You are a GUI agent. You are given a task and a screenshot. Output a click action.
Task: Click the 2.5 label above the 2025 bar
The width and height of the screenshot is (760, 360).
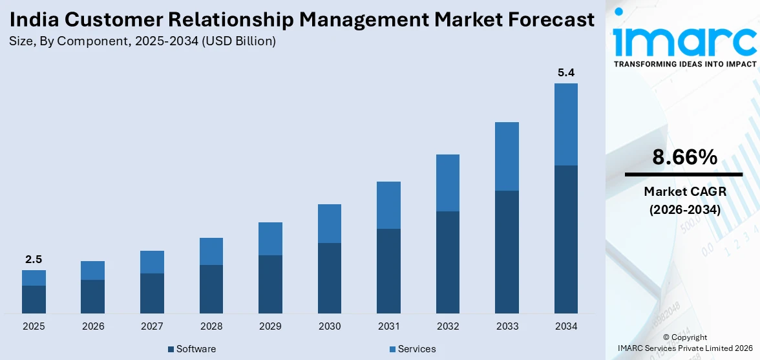(x=34, y=259)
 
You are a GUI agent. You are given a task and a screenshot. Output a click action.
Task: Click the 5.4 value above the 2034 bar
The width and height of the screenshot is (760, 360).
(x=566, y=72)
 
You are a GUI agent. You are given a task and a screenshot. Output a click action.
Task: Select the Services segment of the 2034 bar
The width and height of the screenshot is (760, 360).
(x=566, y=124)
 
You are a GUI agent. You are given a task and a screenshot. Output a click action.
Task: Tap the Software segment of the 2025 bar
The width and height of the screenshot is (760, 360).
(x=34, y=299)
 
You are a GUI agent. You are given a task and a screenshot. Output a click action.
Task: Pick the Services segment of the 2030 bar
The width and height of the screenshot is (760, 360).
(x=330, y=224)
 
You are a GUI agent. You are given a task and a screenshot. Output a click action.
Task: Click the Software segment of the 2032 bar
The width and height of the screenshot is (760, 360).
(x=448, y=262)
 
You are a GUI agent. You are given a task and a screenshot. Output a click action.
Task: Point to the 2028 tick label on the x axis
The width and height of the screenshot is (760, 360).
(x=211, y=326)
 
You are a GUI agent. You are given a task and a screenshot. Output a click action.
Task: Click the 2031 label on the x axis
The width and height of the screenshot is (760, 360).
(x=388, y=326)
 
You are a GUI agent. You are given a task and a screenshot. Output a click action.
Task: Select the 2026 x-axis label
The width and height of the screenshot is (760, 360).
(x=93, y=326)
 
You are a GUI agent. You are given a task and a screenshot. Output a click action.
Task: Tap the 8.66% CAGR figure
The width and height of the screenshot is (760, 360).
(x=684, y=157)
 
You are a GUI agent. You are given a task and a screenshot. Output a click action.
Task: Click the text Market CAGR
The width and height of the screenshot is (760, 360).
(x=684, y=191)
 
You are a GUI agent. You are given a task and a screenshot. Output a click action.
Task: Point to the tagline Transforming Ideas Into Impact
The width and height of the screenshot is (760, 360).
(x=684, y=64)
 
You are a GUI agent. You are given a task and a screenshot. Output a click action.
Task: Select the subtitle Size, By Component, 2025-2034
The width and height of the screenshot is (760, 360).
(x=142, y=41)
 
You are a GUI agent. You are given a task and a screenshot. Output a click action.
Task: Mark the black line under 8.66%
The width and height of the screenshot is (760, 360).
(x=684, y=175)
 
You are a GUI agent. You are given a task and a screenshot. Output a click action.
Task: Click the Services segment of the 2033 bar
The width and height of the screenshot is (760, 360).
(x=507, y=156)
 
